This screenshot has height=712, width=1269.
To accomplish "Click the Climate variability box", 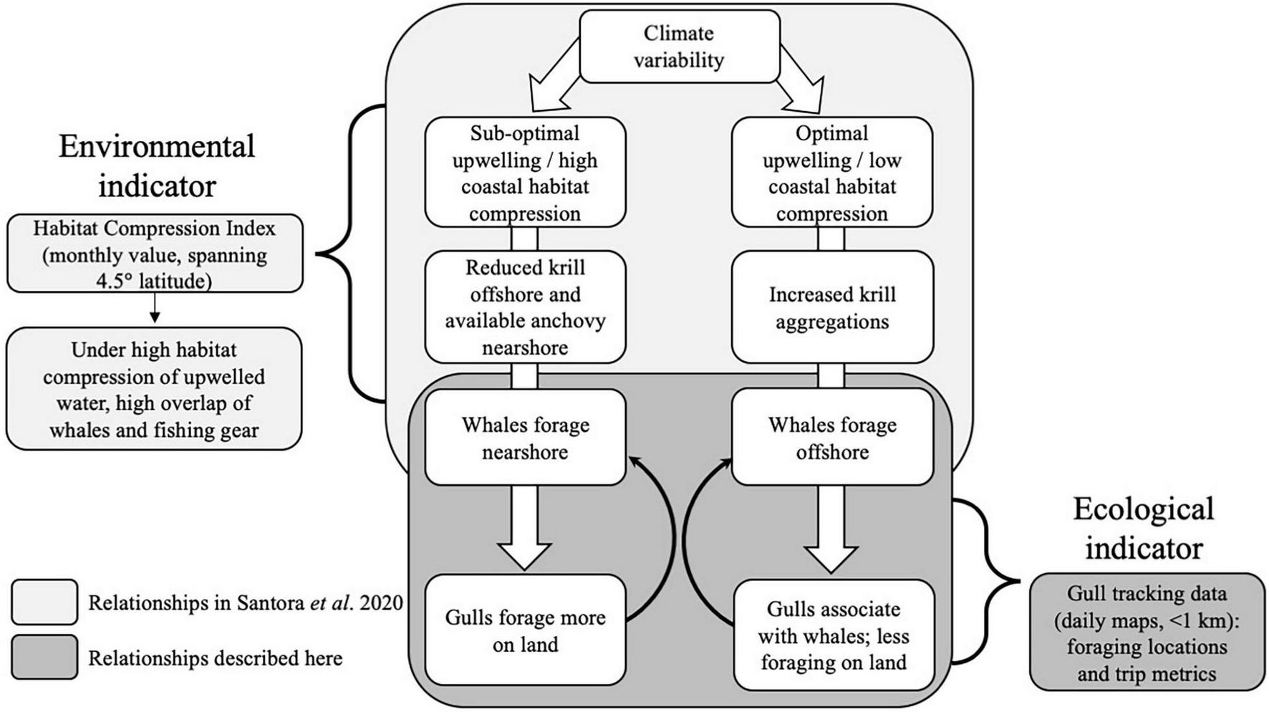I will (x=679, y=47).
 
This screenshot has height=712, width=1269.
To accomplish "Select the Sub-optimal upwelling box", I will (x=525, y=173).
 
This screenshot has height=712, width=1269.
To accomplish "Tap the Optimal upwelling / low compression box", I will (x=831, y=173).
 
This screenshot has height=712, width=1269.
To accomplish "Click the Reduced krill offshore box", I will (x=525, y=307).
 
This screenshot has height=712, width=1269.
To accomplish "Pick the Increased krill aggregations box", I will (x=832, y=307).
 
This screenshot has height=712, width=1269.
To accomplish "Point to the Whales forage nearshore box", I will (x=525, y=438).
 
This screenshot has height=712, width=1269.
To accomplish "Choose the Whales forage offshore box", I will (x=832, y=438).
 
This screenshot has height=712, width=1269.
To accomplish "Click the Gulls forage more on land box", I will (x=525, y=630).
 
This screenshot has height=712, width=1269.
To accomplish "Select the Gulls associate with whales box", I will (x=834, y=635).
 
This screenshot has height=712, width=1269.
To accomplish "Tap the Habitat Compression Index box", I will (x=155, y=254).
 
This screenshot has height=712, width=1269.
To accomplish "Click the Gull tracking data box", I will (x=1147, y=632).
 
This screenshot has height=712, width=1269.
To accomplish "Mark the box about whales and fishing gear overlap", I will (x=154, y=389).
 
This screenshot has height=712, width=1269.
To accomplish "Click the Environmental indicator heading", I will (x=157, y=165).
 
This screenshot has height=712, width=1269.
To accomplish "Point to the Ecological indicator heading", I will (x=1144, y=528).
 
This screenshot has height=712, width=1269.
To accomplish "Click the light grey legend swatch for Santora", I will (x=44, y=602).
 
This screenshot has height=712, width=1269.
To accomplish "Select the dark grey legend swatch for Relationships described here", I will (x=44, y=657).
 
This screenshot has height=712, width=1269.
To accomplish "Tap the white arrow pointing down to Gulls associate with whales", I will (x=831, y=530).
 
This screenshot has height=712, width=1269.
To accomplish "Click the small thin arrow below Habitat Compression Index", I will (x=154, y=308).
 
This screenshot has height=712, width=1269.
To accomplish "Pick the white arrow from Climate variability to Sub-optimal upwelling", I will (x=558, y=79).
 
